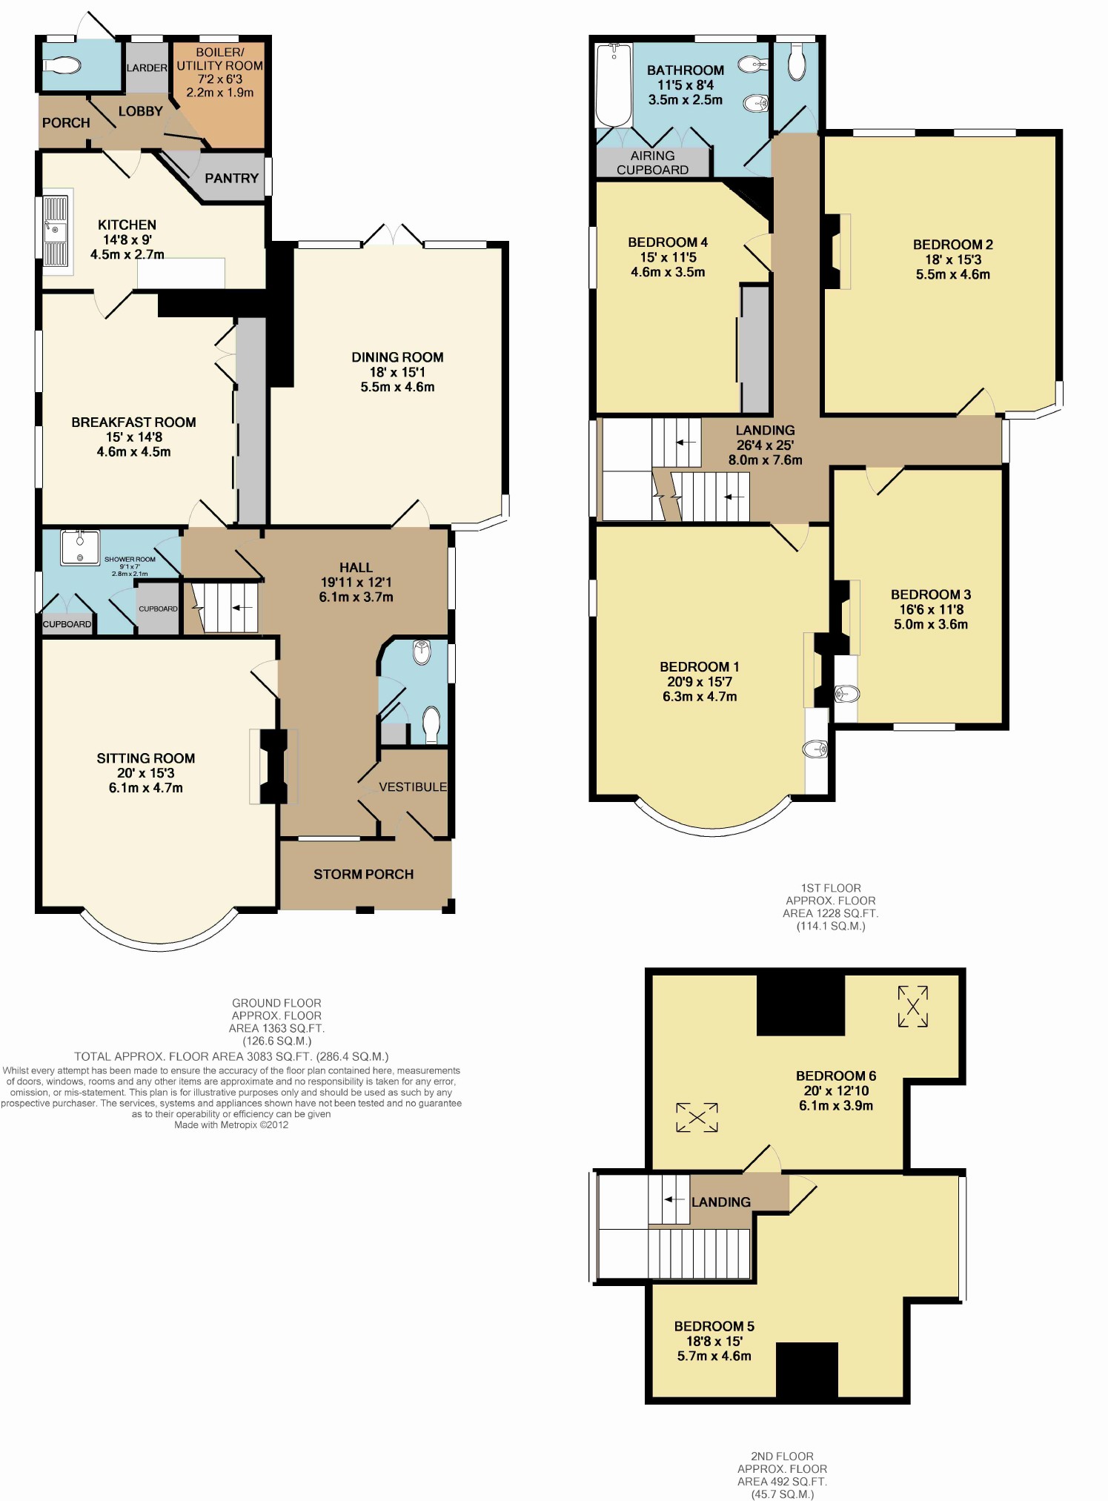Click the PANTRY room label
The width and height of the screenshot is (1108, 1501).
[x=232, y=178]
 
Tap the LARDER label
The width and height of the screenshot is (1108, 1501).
[x=147, y=67]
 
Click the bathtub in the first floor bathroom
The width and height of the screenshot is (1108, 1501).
[x=614, y=85]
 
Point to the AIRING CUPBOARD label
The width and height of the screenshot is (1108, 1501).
[x=653, y=162]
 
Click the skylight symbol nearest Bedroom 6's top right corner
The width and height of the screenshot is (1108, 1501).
[x=913, y=1006]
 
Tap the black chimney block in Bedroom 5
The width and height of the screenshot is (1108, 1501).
[x=807, y=1370]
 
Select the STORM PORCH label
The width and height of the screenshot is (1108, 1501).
[x=363, y=875]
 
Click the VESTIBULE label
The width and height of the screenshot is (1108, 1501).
[x=413, y=786]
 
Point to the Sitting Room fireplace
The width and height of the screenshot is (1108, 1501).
[x=273, y=766]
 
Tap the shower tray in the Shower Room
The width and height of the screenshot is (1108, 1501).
[x=80, y=547]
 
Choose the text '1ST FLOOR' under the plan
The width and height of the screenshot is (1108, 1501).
[x=831, y=888]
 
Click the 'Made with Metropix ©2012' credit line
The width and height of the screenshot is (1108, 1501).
[x=231, y=1124]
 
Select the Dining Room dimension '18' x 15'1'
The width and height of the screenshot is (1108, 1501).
[x=397, y=372]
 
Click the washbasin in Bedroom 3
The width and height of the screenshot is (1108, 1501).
[x=846, y=694]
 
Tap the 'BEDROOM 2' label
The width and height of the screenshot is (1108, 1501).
[x=953, y=245]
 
